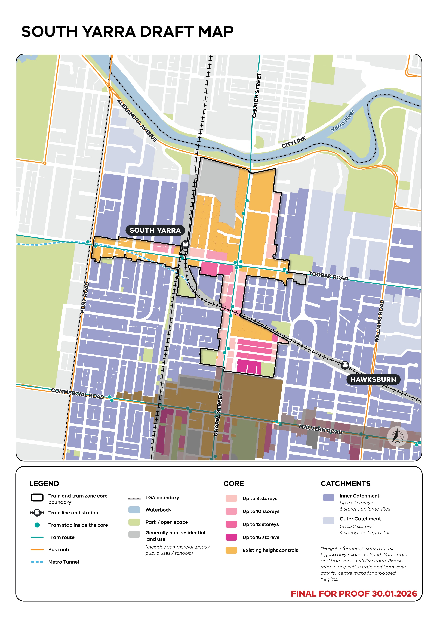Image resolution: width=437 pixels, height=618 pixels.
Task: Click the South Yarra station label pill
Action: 155,230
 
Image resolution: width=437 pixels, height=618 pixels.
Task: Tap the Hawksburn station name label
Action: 373,379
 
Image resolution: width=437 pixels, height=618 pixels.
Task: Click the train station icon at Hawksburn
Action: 345,365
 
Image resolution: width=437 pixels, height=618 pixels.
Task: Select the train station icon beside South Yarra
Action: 185,244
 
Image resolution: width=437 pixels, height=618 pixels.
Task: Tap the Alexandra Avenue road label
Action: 137,120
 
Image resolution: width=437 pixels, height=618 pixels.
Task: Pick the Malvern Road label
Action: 320,429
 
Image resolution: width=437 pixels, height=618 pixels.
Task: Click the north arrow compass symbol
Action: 397,436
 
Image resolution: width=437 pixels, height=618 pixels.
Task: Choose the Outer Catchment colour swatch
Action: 328,520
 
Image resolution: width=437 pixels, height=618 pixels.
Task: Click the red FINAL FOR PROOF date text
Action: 353,594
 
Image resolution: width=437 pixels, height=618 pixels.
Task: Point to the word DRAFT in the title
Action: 167,32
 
